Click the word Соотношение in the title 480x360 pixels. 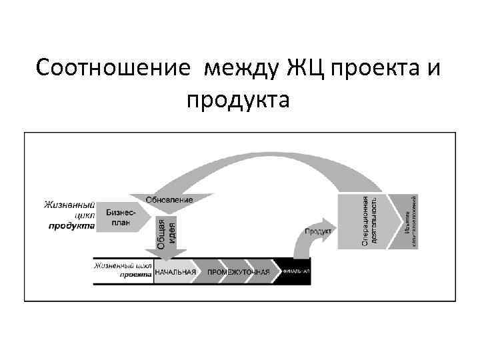pyautogui.click(x=114, y=67)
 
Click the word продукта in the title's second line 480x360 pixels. pyautogui.click(x=239, y=101)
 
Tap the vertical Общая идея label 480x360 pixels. pyautogui.click(x=166, y=233)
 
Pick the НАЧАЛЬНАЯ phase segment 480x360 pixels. pyautogui.click(x=175, y=272)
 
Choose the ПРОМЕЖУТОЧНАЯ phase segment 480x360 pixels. pyautogui.click(x=238, y=272)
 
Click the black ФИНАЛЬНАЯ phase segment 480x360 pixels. pyautogui.click(x=295, y=272)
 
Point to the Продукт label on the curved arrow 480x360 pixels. pyautogui.click(x=318, y=231)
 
